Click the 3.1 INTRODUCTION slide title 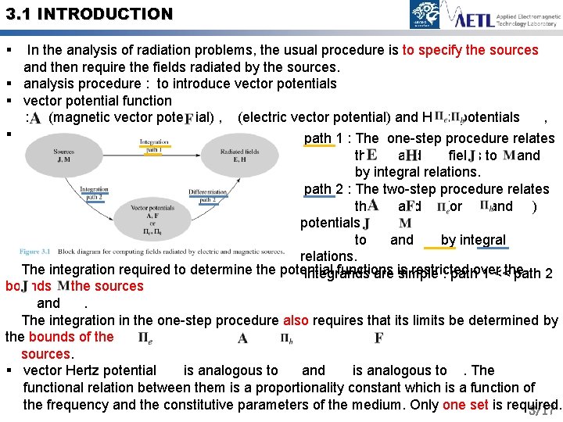tap(87, 14)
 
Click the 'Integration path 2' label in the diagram tap(94, 192)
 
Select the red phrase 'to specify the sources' tap(470, 50)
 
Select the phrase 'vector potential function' tap(98, 100)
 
